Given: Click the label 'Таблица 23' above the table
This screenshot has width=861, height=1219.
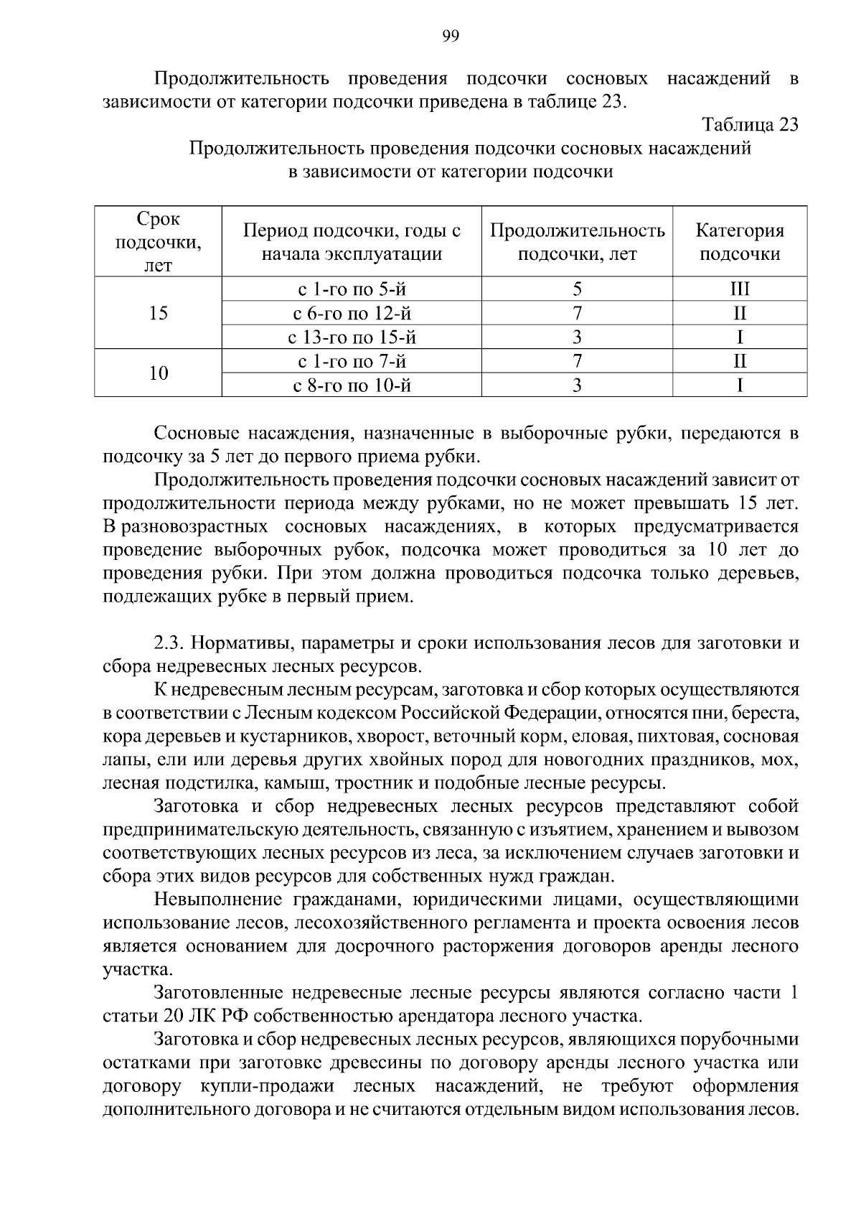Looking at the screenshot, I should pos(750,124).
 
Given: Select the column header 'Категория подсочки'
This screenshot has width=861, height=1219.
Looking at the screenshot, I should pos(739,242).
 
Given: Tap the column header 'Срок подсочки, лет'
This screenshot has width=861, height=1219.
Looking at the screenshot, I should pos(158,242).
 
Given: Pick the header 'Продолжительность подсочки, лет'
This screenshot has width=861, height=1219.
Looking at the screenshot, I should pos(577,242).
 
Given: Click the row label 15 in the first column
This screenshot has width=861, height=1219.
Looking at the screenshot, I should pos(158,314).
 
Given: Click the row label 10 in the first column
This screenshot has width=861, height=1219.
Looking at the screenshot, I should pos(158,373).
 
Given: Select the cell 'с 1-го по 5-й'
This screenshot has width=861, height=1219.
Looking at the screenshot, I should pos(352,289).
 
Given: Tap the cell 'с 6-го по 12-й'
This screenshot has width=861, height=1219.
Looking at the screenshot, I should pos(352,314).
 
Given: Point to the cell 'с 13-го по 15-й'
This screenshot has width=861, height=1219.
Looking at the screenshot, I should pos(352,337).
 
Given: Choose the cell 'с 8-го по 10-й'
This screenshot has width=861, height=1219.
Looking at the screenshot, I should pos(352,386).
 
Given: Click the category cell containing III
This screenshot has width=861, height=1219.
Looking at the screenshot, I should pos(739,289).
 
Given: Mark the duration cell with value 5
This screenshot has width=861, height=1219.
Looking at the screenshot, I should pos(577,289).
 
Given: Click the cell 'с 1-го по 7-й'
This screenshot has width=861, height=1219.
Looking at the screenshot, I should pos(352,361).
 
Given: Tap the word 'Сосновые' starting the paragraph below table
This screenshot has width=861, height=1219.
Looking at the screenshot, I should pos(197,434).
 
